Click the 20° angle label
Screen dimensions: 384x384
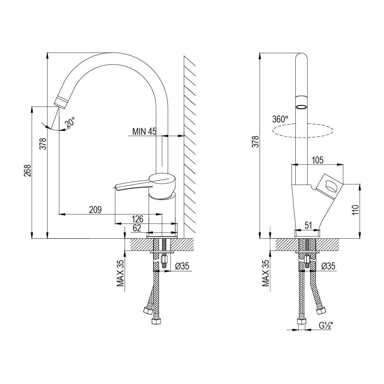[x=70, y=122]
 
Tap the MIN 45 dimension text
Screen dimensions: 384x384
[x=144, y=132]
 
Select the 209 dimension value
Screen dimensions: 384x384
[x=95, y=210]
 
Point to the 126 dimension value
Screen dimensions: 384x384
[x=138, y=219]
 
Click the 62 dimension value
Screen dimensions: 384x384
[x=137, y=228]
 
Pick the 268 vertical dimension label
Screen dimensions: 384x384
[x=28, y=171]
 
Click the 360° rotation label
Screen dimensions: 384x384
[x=280, y=119]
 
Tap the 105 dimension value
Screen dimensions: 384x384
[x=318, y=160]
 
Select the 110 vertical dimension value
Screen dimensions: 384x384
[x=356, y=210]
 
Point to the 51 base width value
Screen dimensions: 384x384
[x=308, y=226]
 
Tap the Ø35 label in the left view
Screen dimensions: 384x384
[x=182, y=266]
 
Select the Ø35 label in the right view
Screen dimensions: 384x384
[x=328, y=266]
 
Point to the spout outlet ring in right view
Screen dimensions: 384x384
[x=301, y=107]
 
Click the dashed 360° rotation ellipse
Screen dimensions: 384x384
[x=302, y=131]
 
